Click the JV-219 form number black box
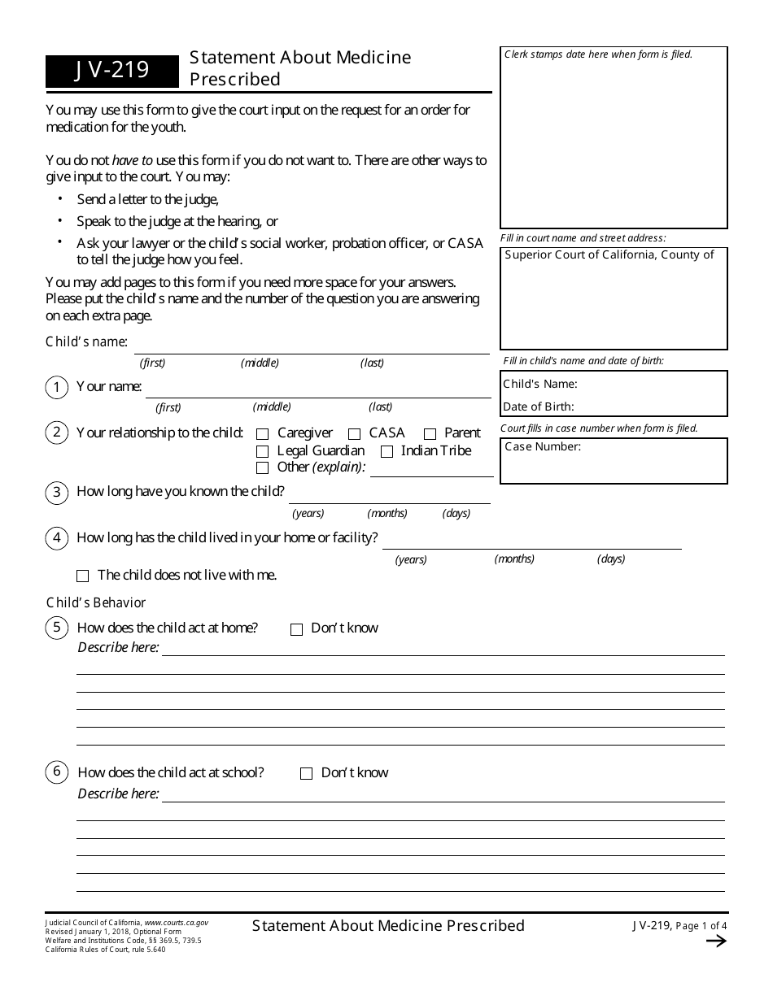[111, 71]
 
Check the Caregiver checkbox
[262, 434]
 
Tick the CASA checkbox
[355, 434]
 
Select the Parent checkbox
[430, 434]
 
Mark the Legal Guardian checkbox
[262, 451]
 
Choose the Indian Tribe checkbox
[386, 451]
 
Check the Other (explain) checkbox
[262, 468]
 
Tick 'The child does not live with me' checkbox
[82, 576]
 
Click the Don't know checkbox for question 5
[296, 629]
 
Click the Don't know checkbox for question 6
[306, 774]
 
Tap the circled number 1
[56, 388]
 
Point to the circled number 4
[56, 538]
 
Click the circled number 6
[56, 773]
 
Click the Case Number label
[543, 446]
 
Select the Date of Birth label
[538, 407]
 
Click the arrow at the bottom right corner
[716, 941]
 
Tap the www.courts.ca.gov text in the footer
[176, 923]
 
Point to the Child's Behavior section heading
[96, 602]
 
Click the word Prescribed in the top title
[235, 80]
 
